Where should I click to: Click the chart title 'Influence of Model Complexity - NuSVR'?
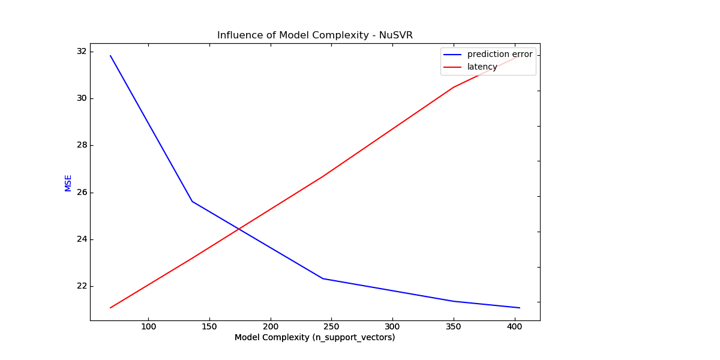[315, 35]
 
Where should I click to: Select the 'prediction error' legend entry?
[499, 55]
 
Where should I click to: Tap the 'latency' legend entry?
[482, 67]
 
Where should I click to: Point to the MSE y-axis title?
[68, 183]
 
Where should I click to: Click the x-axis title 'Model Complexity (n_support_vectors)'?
[314, 338]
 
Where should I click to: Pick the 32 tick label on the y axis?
[82, 52]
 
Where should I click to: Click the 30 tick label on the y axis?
[82, 98]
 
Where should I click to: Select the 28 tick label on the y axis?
[82, 145]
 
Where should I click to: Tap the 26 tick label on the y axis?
[82, 193]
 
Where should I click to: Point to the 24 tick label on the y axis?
[82, 239]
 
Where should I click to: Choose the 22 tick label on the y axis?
[82, 286]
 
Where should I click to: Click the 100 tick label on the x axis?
[148, 327]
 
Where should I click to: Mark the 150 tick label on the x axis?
[209, 327]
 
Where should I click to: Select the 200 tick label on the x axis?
[271, 327]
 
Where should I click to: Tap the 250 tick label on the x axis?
[331, 327]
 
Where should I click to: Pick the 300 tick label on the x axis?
[392, 327]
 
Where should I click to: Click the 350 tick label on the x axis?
[454, 327]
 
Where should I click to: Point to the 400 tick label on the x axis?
[514, 327]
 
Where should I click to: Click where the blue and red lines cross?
[239, 229]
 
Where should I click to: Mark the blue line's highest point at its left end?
[110, 56]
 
